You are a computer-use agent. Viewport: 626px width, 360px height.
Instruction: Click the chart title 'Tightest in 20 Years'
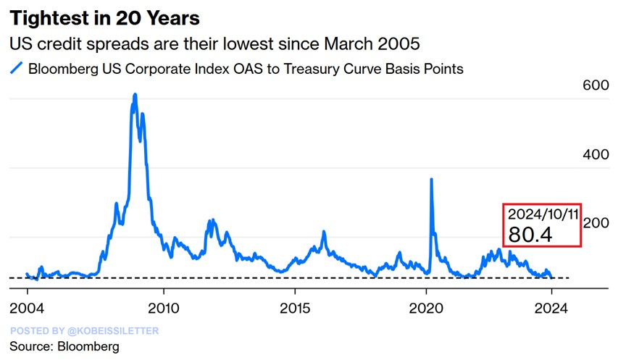pyautogui.click(x=105, y=17)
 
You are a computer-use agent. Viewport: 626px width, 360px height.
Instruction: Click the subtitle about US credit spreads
pyautogui.click(x=214, y=43)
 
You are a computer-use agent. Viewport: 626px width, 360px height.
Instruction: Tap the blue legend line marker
pyautogui.click(x=16, y=70)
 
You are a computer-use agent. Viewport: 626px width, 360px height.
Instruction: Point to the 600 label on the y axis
pyautogui.click(x=595, y=85)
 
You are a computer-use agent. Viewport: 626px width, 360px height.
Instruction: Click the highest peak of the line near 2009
pyautogui.click(x=135, y=95)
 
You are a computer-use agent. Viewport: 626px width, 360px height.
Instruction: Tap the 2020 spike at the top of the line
pyautogui.click(x=432, y=179)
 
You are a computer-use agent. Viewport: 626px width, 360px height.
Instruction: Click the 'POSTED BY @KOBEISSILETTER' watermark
pyautogui.click(x=84, y=331)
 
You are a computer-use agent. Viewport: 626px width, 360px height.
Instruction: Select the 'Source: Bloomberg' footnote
pyautogui.click(x=64, y=347)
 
